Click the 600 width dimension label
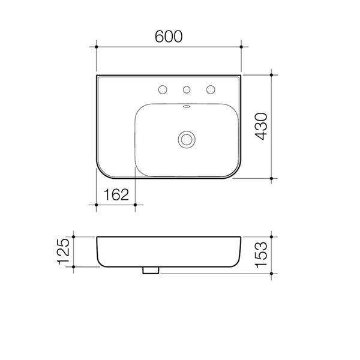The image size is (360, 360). (x=169, y=35)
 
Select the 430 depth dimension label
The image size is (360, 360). (x=260, y=127)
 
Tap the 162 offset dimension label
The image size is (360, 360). (x=116, y=194)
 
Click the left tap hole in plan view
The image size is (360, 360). (x=161, y=91)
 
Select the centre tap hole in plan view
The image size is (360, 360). (x=186, y=91)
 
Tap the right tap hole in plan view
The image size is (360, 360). (x=211, y=91)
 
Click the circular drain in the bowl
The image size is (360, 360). (x=186, y=139)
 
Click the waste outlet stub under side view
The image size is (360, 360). (x=150, y=271)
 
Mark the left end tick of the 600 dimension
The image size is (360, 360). (x=96, y=46)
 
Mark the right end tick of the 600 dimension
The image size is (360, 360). (x=241, y=46)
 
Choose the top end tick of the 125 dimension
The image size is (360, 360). (x=73, y=236)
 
